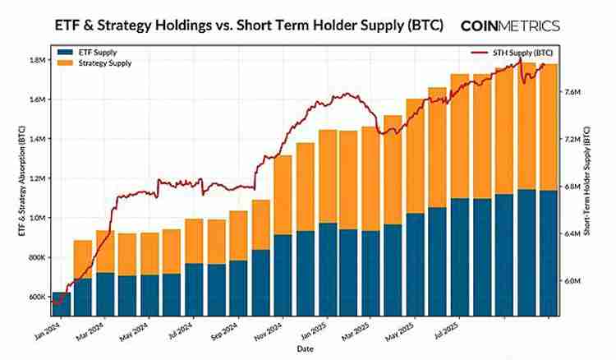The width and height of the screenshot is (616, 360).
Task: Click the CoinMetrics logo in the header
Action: (x=510, y=25)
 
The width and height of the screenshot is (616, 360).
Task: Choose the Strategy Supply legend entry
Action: (x=92, y=63)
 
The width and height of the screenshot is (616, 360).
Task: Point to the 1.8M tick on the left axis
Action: (x=35, y=60)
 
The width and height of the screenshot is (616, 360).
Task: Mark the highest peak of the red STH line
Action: (x=520, y=58)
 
